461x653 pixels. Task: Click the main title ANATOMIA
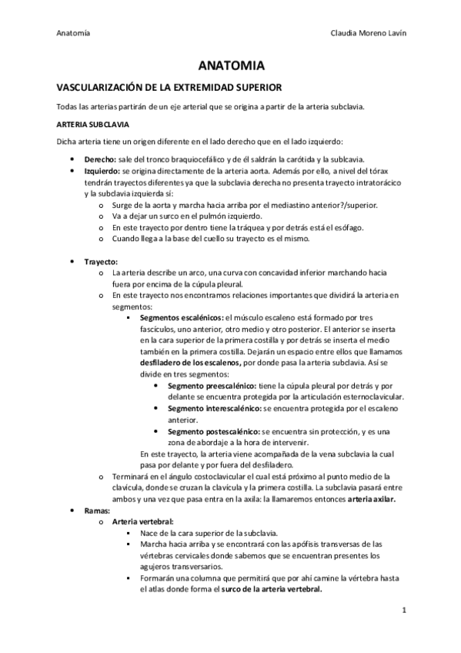pyautogui.click(x=230, y=66)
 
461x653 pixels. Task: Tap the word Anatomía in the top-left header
pyautogui.click(x=74, y=33)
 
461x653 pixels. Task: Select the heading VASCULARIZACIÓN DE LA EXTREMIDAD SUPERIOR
pyautogui.click(x=164, y=89)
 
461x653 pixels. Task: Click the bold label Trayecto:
pyautogui.click(x=102, y=262)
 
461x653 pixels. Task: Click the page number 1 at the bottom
pyautogui.click(x=403, y=611)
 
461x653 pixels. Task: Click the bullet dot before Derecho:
pyautogui.click(x=72, y=157)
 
